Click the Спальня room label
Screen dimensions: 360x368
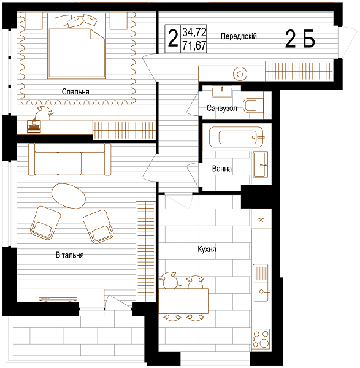(75, 91)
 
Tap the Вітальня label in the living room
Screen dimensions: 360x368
(70, 255)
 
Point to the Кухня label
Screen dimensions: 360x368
(207, 249)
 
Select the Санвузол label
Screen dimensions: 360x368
(222, 108)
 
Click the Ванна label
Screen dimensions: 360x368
(222, 169)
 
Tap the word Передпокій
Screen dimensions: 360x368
(239, 36)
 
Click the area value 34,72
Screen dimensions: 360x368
(194, 32)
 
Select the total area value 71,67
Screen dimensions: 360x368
(194, 45)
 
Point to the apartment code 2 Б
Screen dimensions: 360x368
(300, 39)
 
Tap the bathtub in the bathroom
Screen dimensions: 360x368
(236, 137)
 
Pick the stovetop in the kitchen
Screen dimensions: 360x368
(261, 339)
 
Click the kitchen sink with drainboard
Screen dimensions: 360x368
(260, 283)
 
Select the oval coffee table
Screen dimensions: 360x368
(68, 196)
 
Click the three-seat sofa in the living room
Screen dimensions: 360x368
(69, 159)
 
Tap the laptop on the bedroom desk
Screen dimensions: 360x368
(34, 127)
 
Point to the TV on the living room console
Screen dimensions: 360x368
(58, 299)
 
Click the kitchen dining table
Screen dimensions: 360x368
(183, 301)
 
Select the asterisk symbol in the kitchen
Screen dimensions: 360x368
(261, 220)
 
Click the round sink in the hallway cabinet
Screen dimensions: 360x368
(240, 74)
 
